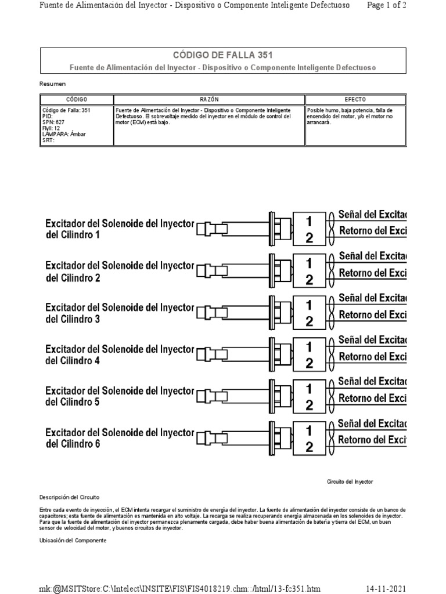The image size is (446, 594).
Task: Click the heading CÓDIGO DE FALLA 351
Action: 222,55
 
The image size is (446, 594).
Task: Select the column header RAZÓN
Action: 209,100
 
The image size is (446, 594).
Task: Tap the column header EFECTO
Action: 355,100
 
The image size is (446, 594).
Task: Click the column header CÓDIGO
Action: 76,100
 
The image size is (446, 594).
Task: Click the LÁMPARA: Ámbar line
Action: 63,134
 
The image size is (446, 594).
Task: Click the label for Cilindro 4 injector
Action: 119,355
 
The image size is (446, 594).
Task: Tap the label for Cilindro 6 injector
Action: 119,439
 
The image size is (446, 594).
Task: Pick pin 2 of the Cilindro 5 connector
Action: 309,405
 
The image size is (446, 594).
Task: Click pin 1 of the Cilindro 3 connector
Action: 309,305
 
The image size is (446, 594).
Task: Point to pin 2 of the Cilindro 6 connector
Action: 309,447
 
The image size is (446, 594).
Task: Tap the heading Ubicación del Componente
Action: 73,540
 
